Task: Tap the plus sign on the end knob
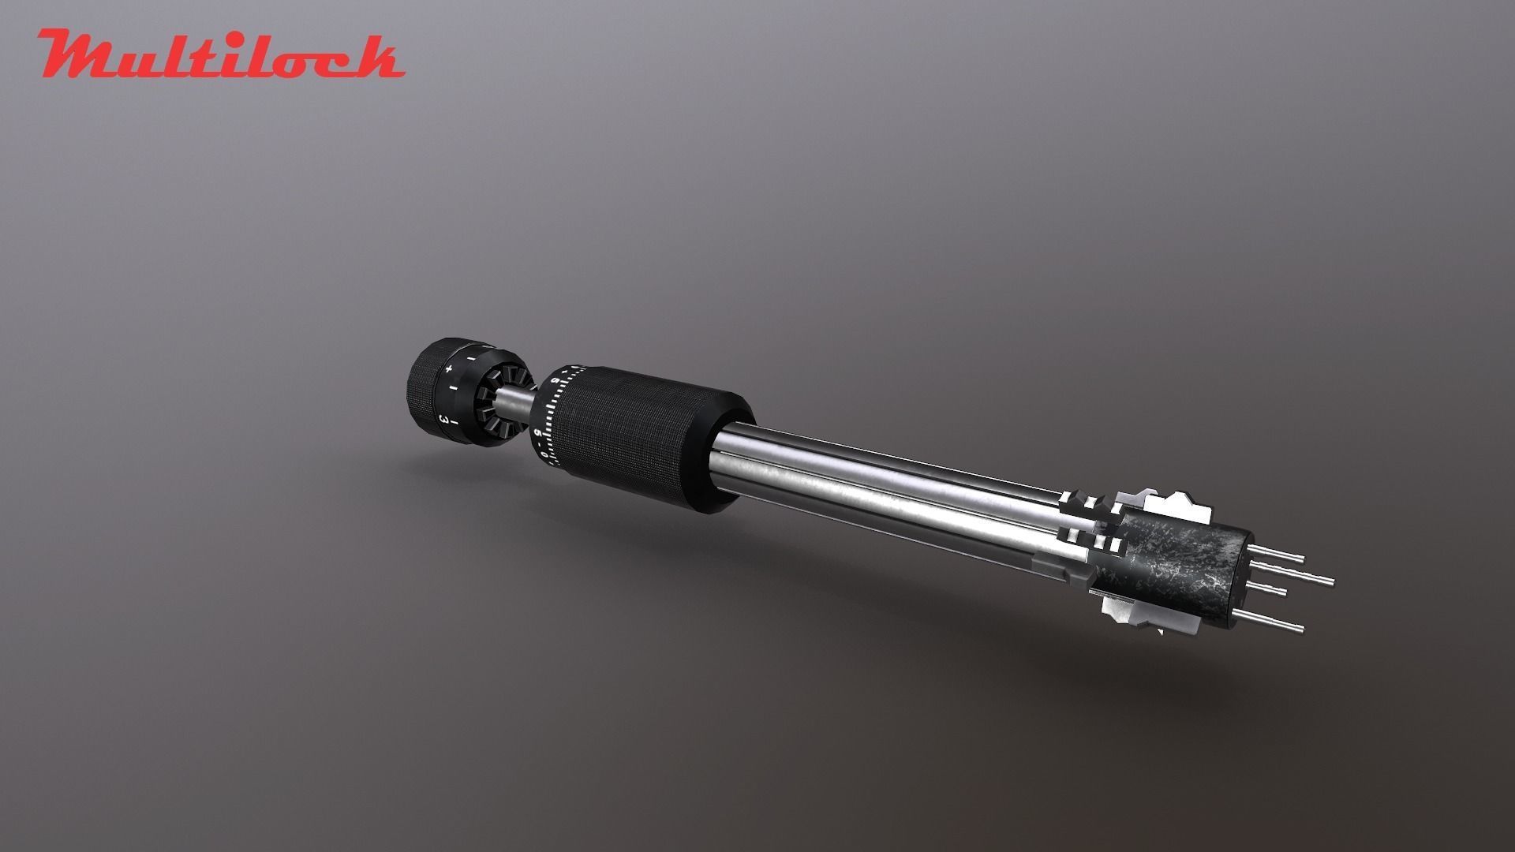click(x=448, y=368)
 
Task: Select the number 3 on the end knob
click(x=445, y=419)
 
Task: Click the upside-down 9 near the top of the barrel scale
click(x=555, y=382)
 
